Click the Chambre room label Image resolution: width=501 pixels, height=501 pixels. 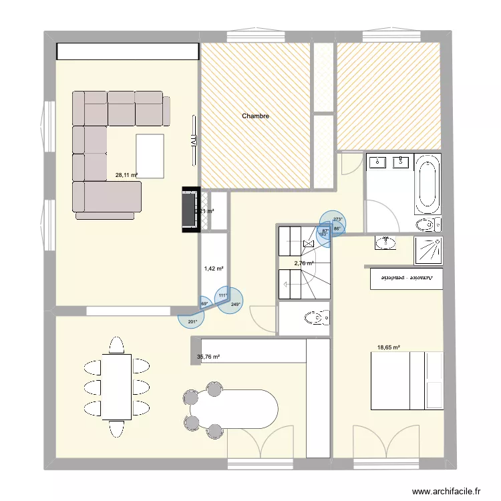coord(255,116)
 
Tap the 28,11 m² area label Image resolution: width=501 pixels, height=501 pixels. coord(126,176)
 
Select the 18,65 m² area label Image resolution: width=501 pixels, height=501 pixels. coord(388,347)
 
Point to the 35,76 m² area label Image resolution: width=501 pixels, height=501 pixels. coord(208,357)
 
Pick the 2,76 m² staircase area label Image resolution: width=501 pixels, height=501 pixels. coord(304,263)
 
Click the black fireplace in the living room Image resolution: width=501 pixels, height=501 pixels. coord(189,210)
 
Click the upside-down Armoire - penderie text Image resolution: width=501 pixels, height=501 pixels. coord(406,277)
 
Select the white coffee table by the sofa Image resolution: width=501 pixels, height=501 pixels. coord(150,156)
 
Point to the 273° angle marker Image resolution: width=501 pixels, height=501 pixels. coord(337,219)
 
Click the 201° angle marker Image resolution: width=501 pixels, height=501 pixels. coord(192,322)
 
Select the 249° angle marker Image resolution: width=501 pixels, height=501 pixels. coord(235,305)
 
